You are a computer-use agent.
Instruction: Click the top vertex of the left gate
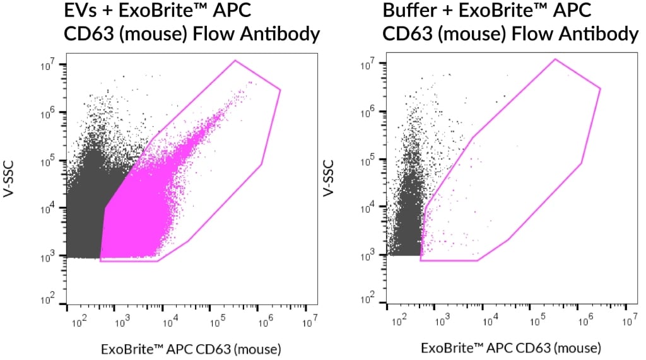tap(235, 61)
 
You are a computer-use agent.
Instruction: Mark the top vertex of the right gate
tap(555, 59)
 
